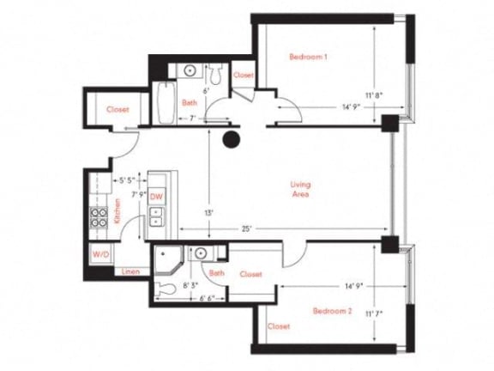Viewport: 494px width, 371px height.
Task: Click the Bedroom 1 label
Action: [308, 58]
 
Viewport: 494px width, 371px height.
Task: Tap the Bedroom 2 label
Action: [332, 310]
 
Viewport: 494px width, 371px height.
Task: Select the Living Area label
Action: [300, 189]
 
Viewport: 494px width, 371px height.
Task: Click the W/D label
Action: [100, 255]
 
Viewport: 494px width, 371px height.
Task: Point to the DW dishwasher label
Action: [156, 197]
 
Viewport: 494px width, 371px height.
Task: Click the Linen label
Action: [130, 271]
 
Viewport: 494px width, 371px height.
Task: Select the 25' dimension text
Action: [247, 228]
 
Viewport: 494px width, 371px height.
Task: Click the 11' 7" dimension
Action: [375, 315]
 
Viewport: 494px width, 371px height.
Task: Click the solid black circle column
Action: [230, 141]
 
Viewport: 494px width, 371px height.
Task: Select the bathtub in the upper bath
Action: [166, 102]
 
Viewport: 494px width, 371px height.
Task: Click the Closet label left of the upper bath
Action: [118, 110]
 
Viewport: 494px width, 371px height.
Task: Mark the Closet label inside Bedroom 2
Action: [279, 326]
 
